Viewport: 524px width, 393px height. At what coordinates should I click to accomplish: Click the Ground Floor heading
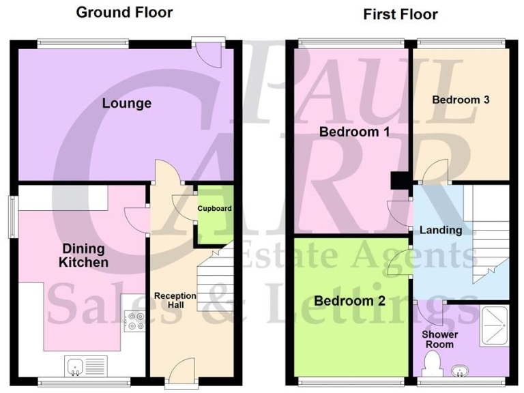click(124, 12)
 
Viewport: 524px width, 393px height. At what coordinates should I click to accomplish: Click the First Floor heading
click(400, 14)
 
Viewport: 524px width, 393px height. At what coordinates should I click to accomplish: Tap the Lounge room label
click(126, 104)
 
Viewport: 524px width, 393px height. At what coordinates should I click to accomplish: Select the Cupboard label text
click(214, 208)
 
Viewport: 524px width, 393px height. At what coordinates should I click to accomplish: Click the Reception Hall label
click(175, 300)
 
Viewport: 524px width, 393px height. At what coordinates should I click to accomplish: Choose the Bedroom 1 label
click(354, 132)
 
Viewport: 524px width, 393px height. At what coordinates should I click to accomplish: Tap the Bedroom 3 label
click(461, 100)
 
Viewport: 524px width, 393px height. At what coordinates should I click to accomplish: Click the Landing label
click(440, 230)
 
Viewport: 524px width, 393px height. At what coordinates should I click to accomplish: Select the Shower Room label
click(439, 339)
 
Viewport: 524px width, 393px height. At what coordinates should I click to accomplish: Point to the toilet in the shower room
click(431, 369)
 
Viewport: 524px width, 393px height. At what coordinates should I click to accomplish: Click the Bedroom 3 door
click(433, 175)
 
